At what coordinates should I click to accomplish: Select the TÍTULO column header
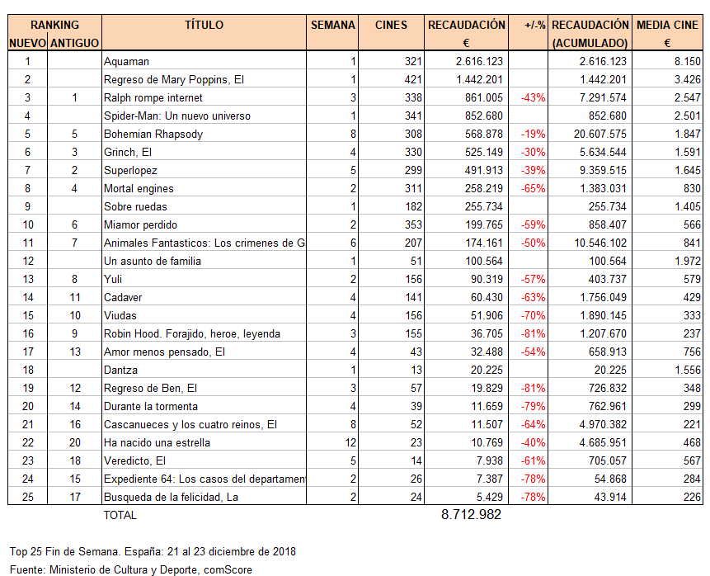coord(204,26)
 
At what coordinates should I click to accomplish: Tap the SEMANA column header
coord(333,26)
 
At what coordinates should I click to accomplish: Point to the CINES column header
coord(391,26)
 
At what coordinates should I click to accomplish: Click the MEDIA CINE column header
coord(667,26)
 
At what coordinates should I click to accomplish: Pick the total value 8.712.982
coord(471,515)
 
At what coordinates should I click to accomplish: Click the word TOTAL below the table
coord(120,516)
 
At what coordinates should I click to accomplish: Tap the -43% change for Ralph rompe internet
coord(533,97)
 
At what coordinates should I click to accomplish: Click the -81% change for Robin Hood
coord(533,333)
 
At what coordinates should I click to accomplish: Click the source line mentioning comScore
coord(130,569)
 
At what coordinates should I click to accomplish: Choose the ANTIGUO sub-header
coord(74,43)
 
